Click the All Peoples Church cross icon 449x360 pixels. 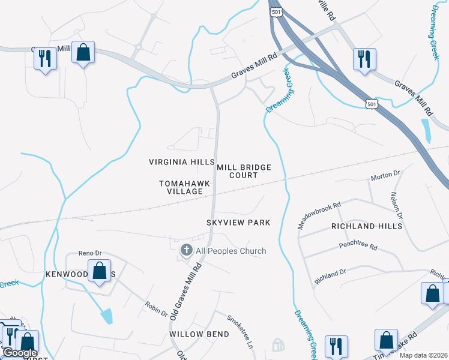click(186, 250)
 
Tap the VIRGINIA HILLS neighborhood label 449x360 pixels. click(182, 163)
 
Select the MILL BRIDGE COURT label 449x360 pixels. click(244, 171)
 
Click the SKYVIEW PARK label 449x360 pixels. click(238, 223)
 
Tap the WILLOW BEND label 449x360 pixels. click(199, 334)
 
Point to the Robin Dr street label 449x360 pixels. click(156, 308)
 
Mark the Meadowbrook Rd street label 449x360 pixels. click(319, 215)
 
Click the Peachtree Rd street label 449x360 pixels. click(357, 247)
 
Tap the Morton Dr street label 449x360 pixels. click(385, 175)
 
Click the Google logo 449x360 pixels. click(19, 353)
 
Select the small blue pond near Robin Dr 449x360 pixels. click(106, 315)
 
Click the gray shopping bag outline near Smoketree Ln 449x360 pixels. click(278, 344)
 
